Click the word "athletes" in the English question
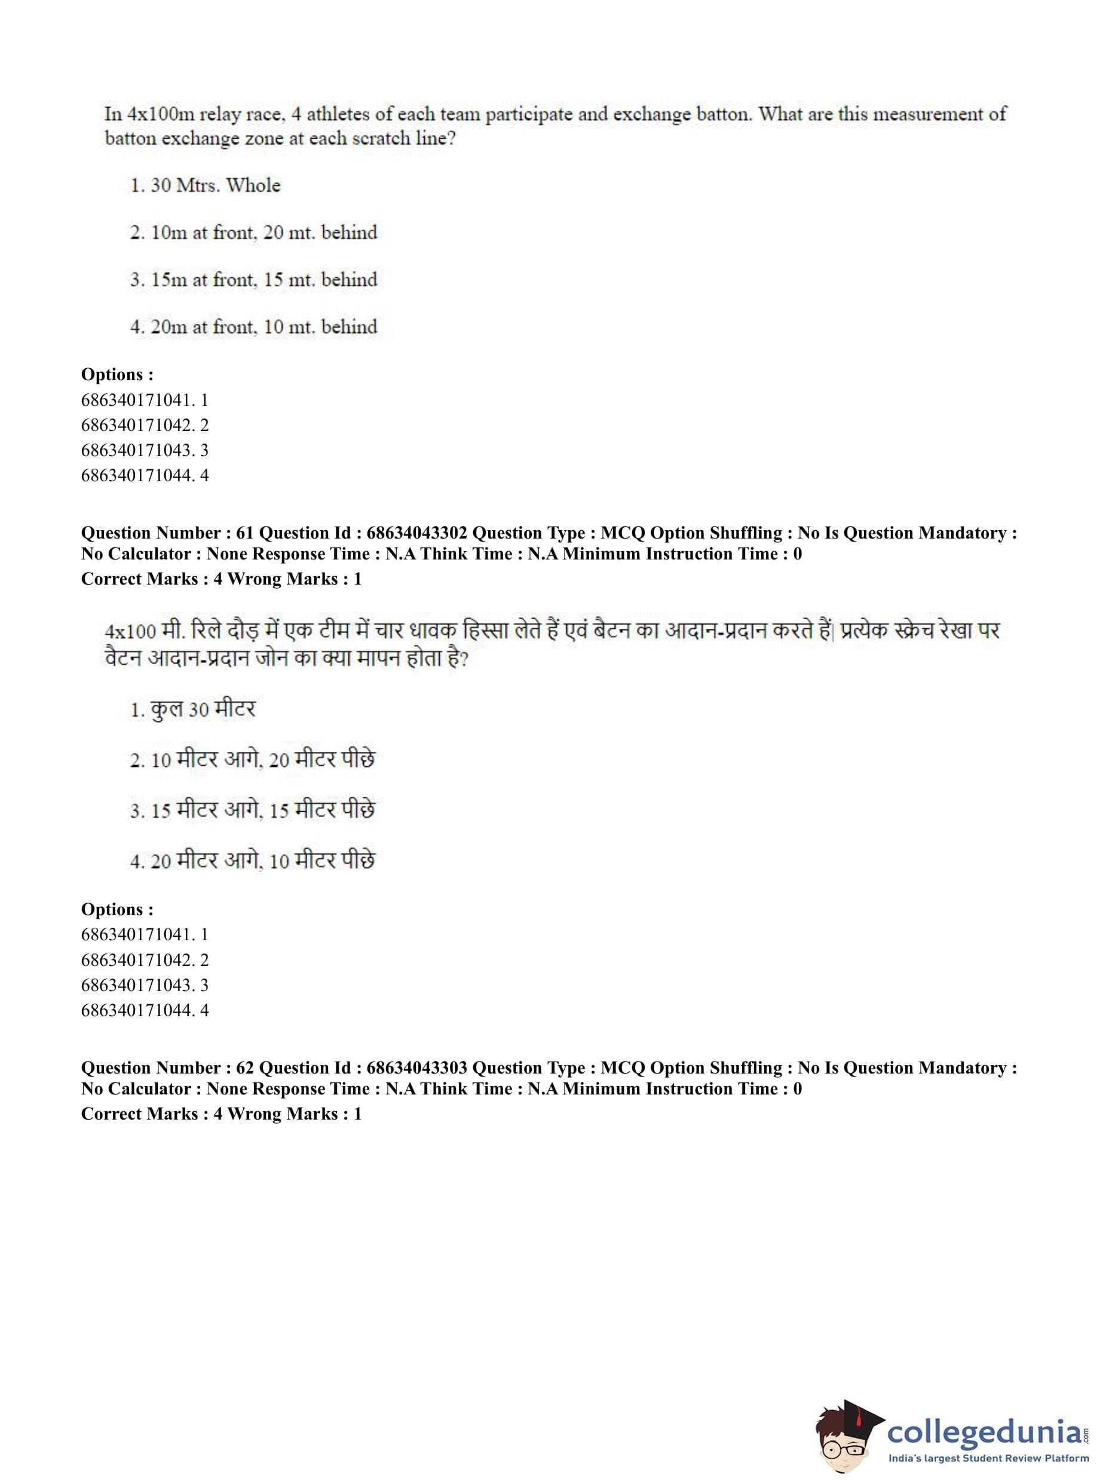(338, 114)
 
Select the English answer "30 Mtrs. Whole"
(215, 185)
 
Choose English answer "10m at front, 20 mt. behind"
(263, 233)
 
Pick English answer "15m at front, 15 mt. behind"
(263, 280)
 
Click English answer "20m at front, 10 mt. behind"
(263, 327)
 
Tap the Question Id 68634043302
(416, 533)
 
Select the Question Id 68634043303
(416, 1068)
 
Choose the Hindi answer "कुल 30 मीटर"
(202, 710)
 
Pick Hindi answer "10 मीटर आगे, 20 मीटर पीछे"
(262, 759)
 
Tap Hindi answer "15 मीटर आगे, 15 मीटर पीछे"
(262, 810)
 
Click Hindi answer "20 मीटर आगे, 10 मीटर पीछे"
(262, 861)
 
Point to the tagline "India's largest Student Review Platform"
(989, 1457)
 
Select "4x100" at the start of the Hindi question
(131, 630)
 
